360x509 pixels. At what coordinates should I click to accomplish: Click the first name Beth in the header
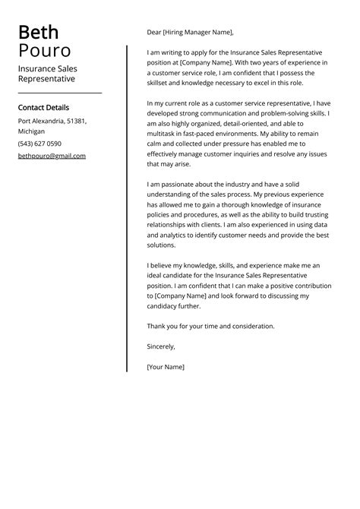[x=38, y=33]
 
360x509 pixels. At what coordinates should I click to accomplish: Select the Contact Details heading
[x=43, y=108]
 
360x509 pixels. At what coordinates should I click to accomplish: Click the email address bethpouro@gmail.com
[x=52, y=156]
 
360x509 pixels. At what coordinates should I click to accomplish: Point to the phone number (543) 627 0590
[x=39, y=144]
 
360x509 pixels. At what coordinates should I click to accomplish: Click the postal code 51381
[x=77, y=121]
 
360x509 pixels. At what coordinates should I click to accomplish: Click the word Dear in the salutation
[x=155, y=32]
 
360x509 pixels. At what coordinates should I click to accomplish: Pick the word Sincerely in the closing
[x=161, y=346]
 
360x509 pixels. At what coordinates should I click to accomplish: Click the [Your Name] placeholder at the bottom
[x=166, y=367]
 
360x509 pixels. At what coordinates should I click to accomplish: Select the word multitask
[x=163, y=131]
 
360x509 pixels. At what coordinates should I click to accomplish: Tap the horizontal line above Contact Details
[x=59, y=93]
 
